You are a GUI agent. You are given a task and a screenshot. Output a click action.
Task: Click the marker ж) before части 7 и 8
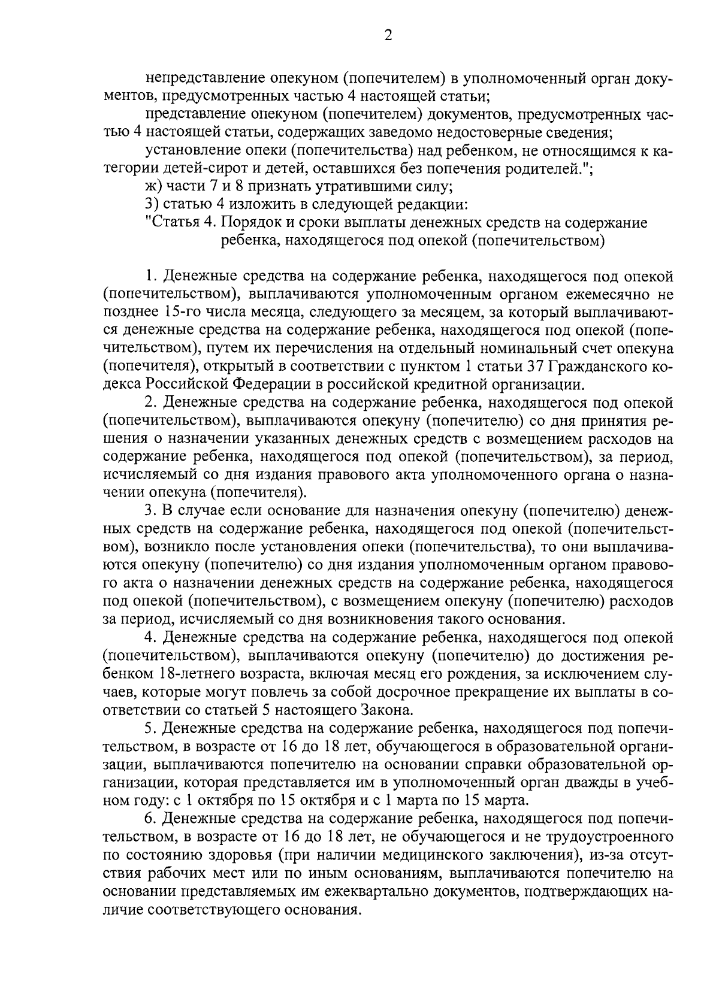pos(153,187)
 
